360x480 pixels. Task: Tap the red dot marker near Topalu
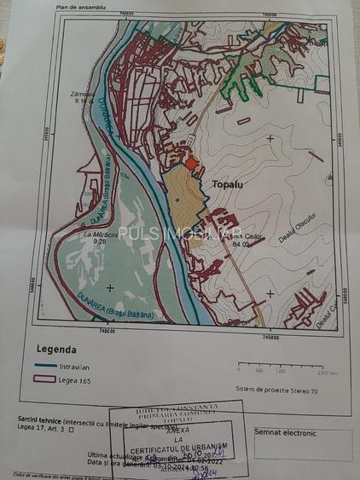192,163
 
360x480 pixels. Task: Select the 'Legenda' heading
56,349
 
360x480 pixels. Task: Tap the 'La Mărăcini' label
99,233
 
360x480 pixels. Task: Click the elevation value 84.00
241,244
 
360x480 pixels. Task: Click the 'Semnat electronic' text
286,434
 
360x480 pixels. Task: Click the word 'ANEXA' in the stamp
175,432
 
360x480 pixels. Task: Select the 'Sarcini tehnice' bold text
39,419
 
